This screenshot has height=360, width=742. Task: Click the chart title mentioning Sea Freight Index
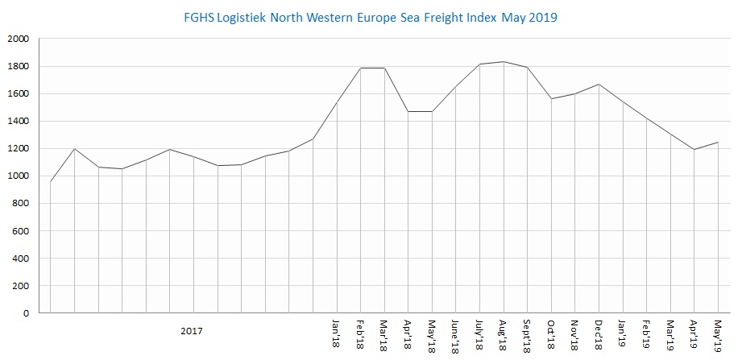pyautogui.click(x=371, y=16)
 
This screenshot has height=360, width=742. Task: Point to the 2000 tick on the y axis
pyautogui.click(x=18, y=39)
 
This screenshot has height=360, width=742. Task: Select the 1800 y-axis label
pyautogui.click(x=18, y=67)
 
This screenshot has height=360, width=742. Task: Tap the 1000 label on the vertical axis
pyautogui.click(x=18, y=176)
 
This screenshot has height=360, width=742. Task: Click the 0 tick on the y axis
pyautogui.click(x=26, y=313)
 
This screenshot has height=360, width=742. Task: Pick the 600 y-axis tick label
pyautogui.click(x=20, y=231)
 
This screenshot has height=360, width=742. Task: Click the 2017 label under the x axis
pyautogui.click(x=192, y=330)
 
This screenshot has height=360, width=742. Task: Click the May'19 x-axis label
pyautogui.click(x=718, y=334)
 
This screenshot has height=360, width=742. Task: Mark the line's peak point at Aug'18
pyautogui.click(x=504, y=62)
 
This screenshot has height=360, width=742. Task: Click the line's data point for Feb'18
pyautogui.click(x=360, y=68)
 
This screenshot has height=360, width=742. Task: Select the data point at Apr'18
pyautogui.click(x=408, y=111)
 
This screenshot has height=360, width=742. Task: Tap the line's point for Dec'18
pyautogui.click(x=599, y=85)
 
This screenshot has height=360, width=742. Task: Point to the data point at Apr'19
pyautogui.click(x=694, y=150)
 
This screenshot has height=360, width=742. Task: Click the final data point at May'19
pyautogui.click(x=718, y=143)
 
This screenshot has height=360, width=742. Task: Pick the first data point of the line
pyautogui.click(x=51, y=181)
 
